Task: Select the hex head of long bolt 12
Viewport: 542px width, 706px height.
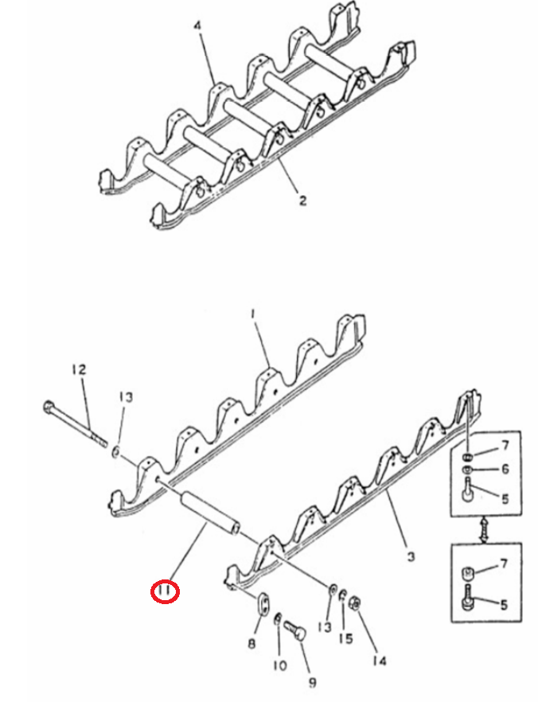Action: (x=49, y=408)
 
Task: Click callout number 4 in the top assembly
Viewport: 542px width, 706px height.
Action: (x=198, y=25)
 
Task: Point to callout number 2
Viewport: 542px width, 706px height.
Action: (x=302, y=200)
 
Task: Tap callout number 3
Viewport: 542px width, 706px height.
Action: (x=410, y=556)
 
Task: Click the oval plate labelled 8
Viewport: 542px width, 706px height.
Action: (x=264, y=603)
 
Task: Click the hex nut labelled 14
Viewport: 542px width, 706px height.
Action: (x=353, y=603)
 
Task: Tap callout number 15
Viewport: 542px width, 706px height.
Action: (x=346, y=638)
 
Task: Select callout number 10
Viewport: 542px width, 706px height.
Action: (x=279, y=665)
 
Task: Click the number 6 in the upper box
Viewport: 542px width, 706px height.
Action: (x=505, y=469)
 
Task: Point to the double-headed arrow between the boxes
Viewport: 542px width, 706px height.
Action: (x=485, y=530)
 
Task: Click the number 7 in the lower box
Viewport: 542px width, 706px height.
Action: (x=504, y=564)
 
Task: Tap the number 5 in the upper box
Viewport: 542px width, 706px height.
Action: (x=505, y=499)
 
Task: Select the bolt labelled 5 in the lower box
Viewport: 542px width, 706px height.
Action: (x=468, y=597)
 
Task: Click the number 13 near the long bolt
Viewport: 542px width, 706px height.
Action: (x=126, y=397)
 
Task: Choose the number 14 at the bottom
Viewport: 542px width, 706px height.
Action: (x=380, y=661)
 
